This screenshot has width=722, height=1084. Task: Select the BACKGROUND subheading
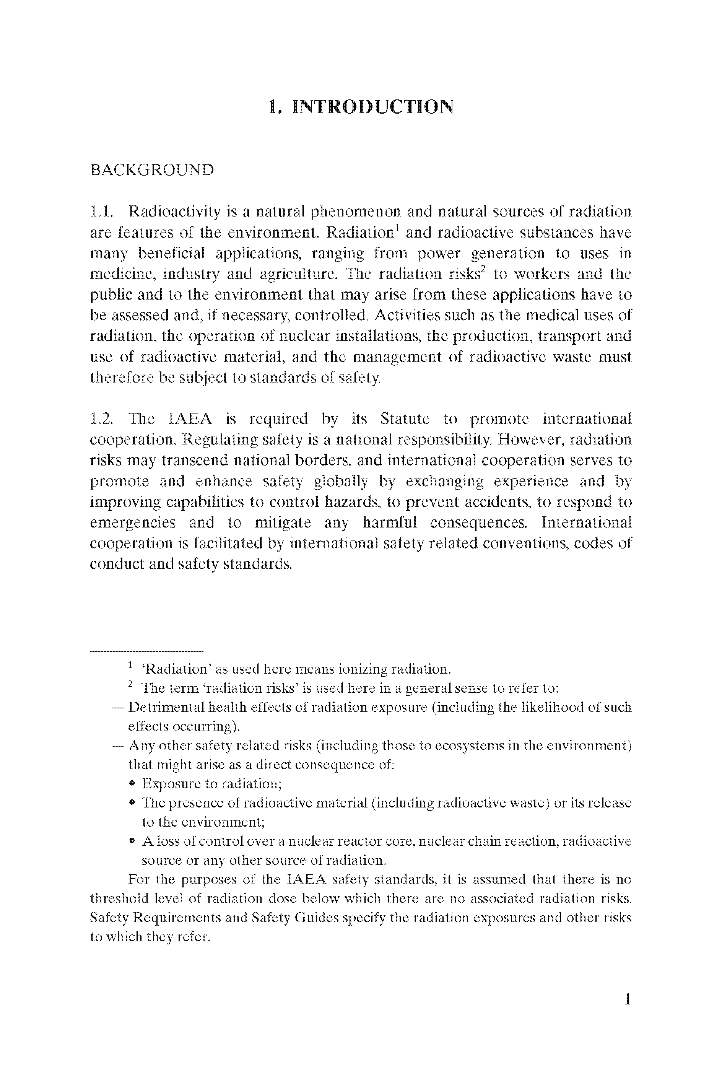point(152,170)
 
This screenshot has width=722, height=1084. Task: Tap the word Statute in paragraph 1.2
point(405,419)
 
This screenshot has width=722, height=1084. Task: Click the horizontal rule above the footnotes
point(146,651)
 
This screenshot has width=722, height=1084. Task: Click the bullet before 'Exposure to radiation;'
point(132,783)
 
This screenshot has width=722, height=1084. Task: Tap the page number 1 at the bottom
point(627,1000)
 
